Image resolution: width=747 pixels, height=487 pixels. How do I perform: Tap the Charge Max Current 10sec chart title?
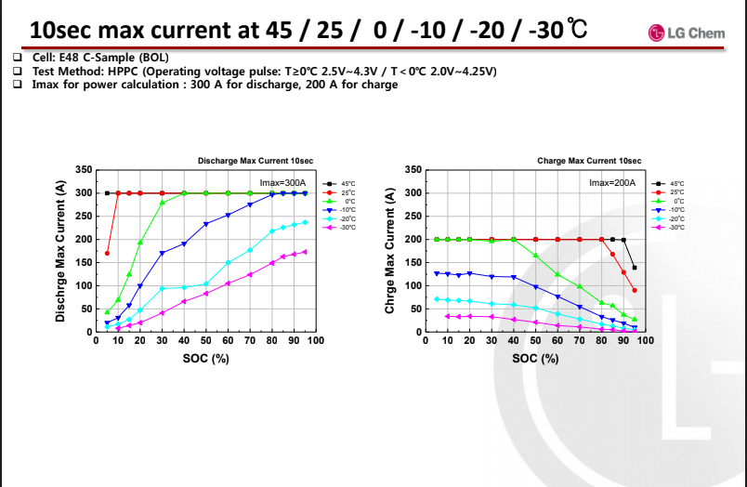coord(589,161)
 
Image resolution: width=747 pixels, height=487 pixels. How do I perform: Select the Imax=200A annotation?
coord(612,182)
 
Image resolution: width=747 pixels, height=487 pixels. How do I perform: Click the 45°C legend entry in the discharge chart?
coord(340,184)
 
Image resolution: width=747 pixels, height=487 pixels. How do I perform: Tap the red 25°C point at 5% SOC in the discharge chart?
coord(107,253)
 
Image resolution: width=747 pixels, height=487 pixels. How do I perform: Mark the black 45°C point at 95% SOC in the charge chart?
coord(635,268)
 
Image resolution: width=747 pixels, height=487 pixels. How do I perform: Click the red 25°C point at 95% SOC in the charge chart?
coord(635,290)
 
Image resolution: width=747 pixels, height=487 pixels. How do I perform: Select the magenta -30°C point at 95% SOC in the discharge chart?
coord(305,251)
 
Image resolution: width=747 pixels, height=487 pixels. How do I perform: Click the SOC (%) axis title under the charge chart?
coord(536,358)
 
